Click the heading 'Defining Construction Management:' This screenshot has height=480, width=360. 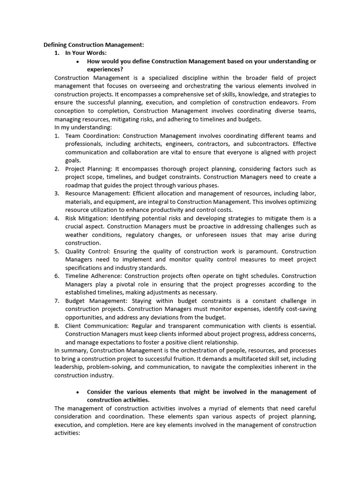click(x=94, y=45)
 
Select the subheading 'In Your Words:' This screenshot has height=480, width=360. click(x=86, y=53)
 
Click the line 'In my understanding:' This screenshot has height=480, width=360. click(x=83, y=127)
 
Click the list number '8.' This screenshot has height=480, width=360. click(x=57, y=326)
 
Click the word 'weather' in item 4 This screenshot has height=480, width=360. click(x=76, y=235)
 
